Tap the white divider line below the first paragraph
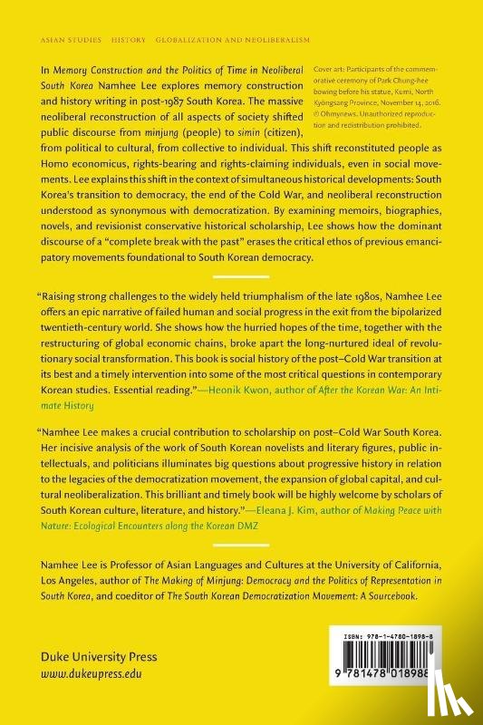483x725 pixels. [241, 275]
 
